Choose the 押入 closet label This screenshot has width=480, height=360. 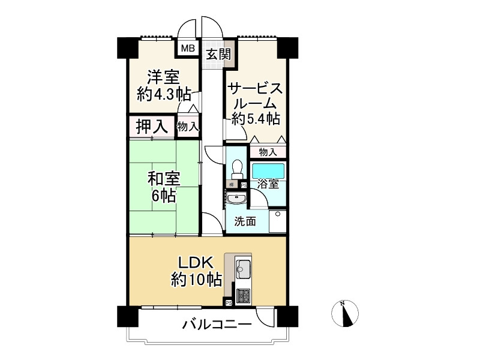click(151, 127)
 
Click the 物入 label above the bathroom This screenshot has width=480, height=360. click(268, 152)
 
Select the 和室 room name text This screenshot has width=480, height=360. click(164, 179)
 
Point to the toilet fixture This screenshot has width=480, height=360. click(236, 168)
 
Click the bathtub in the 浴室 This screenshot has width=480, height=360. click(268, 170)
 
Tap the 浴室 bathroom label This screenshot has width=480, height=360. click(268, 184)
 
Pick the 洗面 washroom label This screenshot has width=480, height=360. click(245, 221)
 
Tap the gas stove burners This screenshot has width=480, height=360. click(244, 295)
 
